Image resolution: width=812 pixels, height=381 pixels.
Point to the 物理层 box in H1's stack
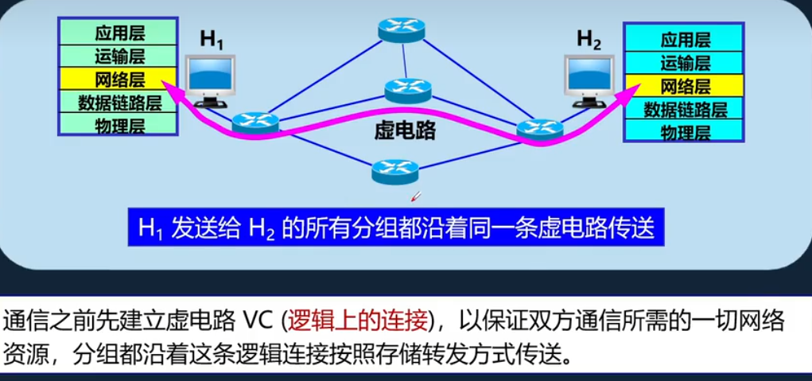pyautogui.click(x=117, y=124)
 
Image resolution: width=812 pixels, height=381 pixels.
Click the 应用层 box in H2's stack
pyautogui.click(x=685, y=40)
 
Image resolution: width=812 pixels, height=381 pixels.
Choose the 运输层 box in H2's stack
pyautogui.click(x=685, y=63)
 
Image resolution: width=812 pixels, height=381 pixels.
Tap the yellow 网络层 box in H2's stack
pyautogui.click(x=685, y=86)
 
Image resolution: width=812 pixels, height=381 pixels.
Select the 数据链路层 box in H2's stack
pyautogui.click(x=685, y=109)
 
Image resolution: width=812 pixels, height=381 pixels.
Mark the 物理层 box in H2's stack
pyautogui.click(x=685, y=132)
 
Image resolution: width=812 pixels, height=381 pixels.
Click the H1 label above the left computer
pyautogui.click(x=211, y=41)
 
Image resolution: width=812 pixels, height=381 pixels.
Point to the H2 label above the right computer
pyautogui.click(x=589, y=39)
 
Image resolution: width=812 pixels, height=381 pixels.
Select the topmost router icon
pyautogui.click(x=402, y=30)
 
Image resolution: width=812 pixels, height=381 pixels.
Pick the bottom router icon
pyautogui.click(x=394, y=169)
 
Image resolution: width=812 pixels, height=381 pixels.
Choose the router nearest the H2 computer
pyautogui.click(x=539, y=128)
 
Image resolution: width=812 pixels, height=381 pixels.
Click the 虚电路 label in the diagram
pyautogui.click(x=405, y=131)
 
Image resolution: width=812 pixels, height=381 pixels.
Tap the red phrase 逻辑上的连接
pyautogui.click(x=357, y=321)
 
